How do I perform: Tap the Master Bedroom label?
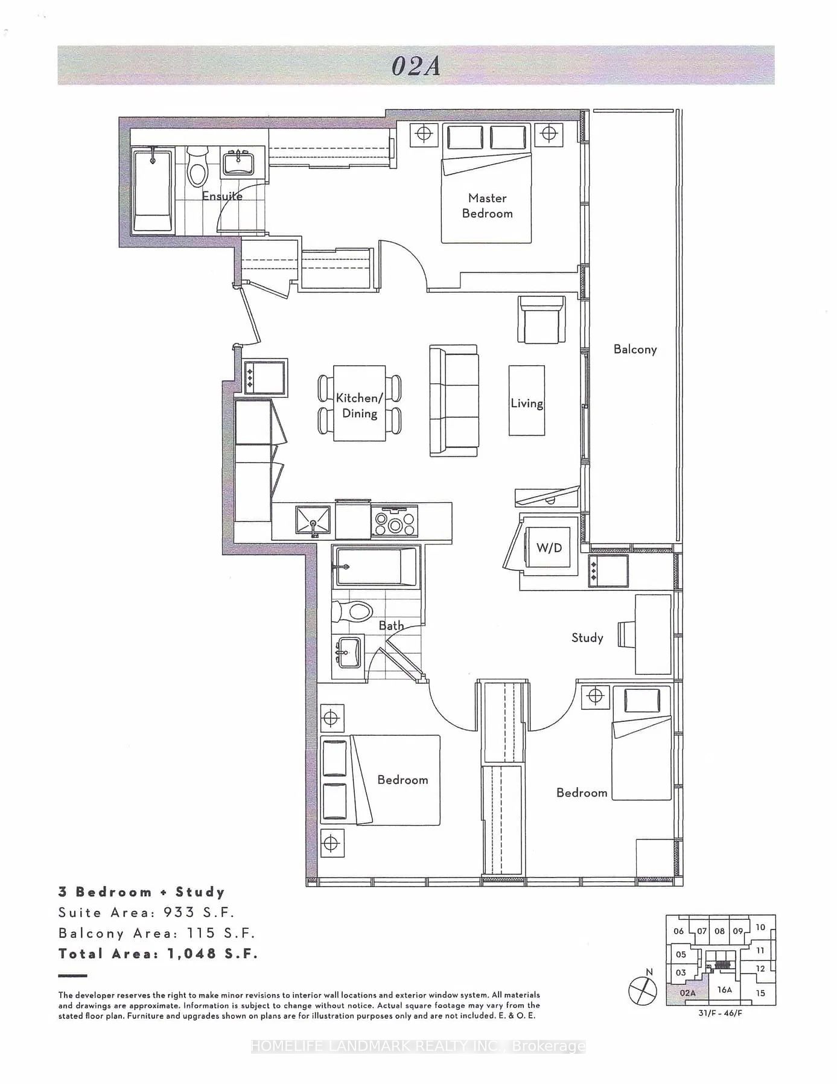tap(487, 206)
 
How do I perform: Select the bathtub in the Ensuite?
tap(151, 191)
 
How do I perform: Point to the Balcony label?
tap(635, 349)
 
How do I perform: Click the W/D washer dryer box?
tap(549, 547)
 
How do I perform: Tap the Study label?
tap(587, 637)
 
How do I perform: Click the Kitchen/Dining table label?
tap(359, 406)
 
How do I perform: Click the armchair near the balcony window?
tap(542, 321)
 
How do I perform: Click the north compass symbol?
tap(642, 990)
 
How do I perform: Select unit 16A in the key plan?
tap(724, 990)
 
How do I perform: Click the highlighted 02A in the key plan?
tap(687, 993)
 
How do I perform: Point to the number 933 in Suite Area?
tap(179, 912)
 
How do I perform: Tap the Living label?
tap(526, 403)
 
